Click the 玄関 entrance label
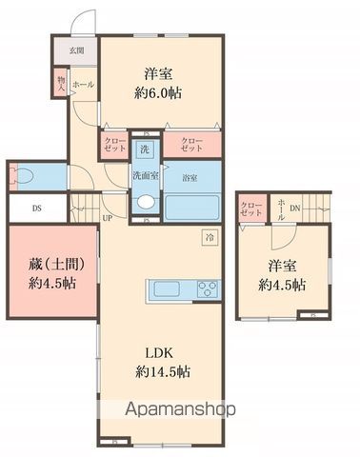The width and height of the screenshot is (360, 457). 75,50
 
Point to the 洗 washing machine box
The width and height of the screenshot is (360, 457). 144,149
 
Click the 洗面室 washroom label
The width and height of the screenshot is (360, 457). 146,175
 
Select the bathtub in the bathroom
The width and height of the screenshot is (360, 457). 192,206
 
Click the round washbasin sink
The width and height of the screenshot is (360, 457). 146,202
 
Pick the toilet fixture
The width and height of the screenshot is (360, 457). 24,176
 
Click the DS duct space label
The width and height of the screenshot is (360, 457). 36,209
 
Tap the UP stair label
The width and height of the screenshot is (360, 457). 108,217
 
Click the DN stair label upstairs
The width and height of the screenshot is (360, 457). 295,209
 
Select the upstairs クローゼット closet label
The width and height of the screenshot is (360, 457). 251,209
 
